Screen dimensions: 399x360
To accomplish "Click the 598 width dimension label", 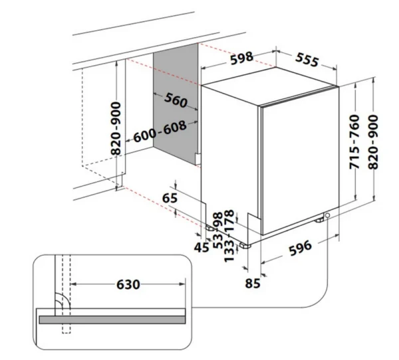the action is click(x=242, y=58).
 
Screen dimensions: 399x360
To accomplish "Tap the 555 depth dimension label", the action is click(x=307, y=60).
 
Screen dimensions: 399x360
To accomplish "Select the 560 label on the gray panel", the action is click(x=176, y=100).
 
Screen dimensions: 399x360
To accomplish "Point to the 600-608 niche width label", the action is click(x=160, y=132).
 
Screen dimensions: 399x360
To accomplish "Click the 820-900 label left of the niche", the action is click(x=116, y=128).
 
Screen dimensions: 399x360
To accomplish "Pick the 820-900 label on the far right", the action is click(x=374, y=142).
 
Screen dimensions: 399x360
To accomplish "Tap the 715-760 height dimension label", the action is click(x=354, y=142).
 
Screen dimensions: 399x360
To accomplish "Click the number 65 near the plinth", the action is click(x=170, y=198).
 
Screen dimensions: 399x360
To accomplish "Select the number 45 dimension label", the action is click(x=201, y=247).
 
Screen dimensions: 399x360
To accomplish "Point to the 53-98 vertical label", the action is click(x=218, y=230).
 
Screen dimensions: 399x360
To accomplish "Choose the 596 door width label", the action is click(x=301, y=247).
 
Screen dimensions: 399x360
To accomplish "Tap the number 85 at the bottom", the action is click(x=253, y=283).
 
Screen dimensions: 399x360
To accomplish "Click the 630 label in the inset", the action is click(x=128, y=284).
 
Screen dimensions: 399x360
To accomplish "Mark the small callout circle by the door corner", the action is click(x=327, y=215).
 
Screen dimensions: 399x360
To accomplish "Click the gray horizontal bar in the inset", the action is click(x=112, y=320).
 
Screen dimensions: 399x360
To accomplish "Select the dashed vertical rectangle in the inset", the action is click(x=66, y=294).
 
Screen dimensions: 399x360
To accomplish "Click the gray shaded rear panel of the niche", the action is click(x=176, y=104).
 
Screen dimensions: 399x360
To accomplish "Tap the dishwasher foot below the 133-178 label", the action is click(x=245, y=246).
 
